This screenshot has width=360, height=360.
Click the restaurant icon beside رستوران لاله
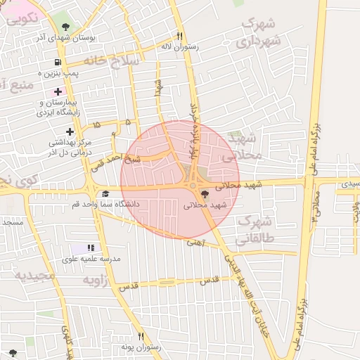click(180, 36)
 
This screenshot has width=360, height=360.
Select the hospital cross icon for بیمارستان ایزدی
click(58, 92)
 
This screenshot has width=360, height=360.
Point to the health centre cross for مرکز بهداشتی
click(70, 131)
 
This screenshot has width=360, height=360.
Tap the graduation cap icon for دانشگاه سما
click(105, 194)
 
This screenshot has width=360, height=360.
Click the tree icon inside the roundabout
click(204, 194)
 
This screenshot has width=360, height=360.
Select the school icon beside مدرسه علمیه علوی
click(90, 248)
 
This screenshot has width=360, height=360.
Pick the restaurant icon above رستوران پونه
click(141, 336)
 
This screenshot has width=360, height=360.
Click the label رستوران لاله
click(180, 46)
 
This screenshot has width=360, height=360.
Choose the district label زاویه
click(98, 280)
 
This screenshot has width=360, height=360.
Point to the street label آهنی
click(195, 243)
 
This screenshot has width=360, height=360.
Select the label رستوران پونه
click(141, 347)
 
